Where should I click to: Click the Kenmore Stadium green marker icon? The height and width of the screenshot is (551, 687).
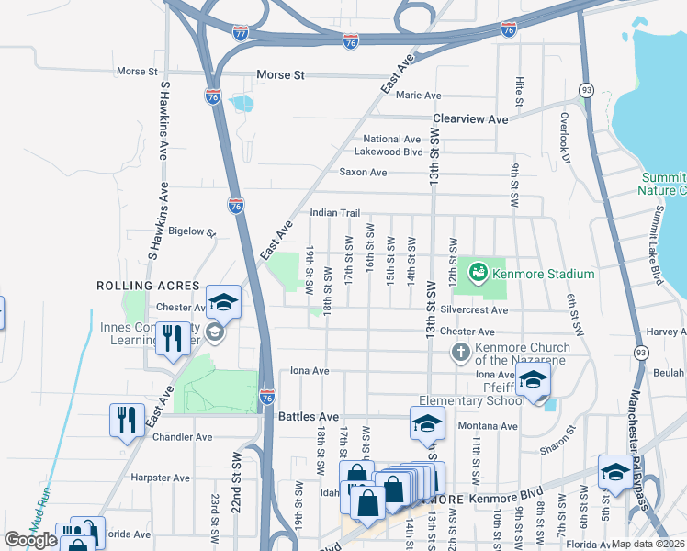477,272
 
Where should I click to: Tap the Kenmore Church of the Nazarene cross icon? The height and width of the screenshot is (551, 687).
461,353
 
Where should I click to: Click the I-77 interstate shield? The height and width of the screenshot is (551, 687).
240,33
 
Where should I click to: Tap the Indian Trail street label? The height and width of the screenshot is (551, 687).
334,212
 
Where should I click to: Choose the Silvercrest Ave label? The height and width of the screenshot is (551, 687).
473,310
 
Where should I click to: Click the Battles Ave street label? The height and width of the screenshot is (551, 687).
302,416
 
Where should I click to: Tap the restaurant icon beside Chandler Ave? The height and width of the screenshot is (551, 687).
125,420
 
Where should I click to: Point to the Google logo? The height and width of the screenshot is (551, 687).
30,540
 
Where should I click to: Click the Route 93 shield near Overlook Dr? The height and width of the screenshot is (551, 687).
585,89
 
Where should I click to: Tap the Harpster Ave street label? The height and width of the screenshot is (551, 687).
160,478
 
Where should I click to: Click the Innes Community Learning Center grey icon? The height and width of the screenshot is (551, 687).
215,332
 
